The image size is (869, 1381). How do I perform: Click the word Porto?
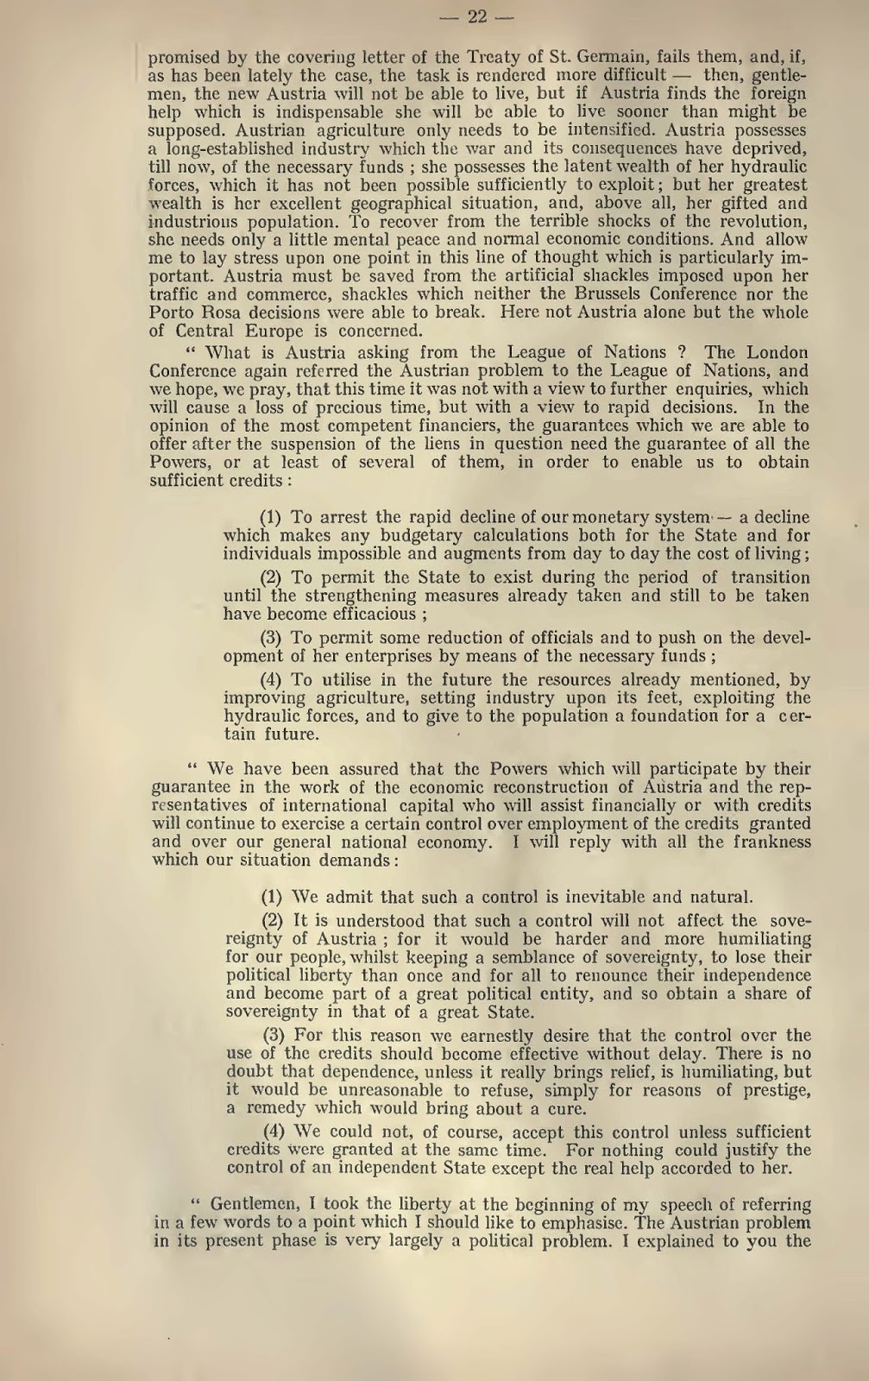pos(171,313)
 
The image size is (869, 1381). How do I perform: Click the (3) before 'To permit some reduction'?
pos(271,638)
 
